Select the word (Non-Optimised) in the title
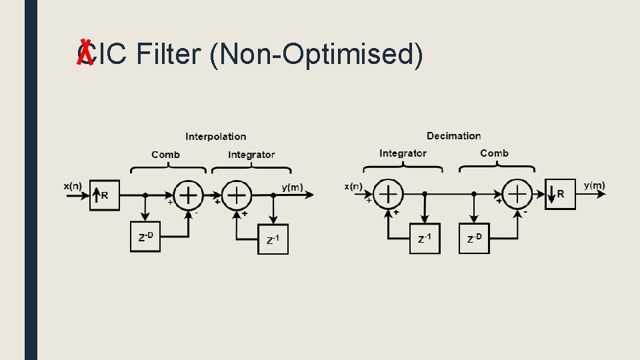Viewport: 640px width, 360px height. (x=315, y=55)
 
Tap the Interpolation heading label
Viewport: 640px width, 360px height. (x=215, y=137)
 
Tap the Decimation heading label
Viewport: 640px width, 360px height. (x=453, y=136)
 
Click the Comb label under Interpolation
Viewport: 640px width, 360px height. (x=165, y=155)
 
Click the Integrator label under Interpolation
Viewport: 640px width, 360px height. (x=251, y=155)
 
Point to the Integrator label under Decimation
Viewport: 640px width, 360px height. (x=403, y=153)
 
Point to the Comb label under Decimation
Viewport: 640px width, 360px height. (x=494, y=153)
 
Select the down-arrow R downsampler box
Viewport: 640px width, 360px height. (x=560, y=194)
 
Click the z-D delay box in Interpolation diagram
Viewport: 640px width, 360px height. (x=145, y=237)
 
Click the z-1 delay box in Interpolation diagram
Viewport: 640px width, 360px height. (x=273, y=239)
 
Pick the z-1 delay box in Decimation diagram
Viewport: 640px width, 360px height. (x=425, y=238)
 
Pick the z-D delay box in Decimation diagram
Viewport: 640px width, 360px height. (x=474, y=238)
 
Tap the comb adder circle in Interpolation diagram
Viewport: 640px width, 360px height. (x=189, y=195)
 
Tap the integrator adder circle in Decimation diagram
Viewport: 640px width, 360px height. (x=388, y=194)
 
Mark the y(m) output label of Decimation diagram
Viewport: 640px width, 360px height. (x=595, y=185)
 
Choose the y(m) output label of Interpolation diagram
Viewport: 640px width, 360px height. (x=292, y=187)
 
